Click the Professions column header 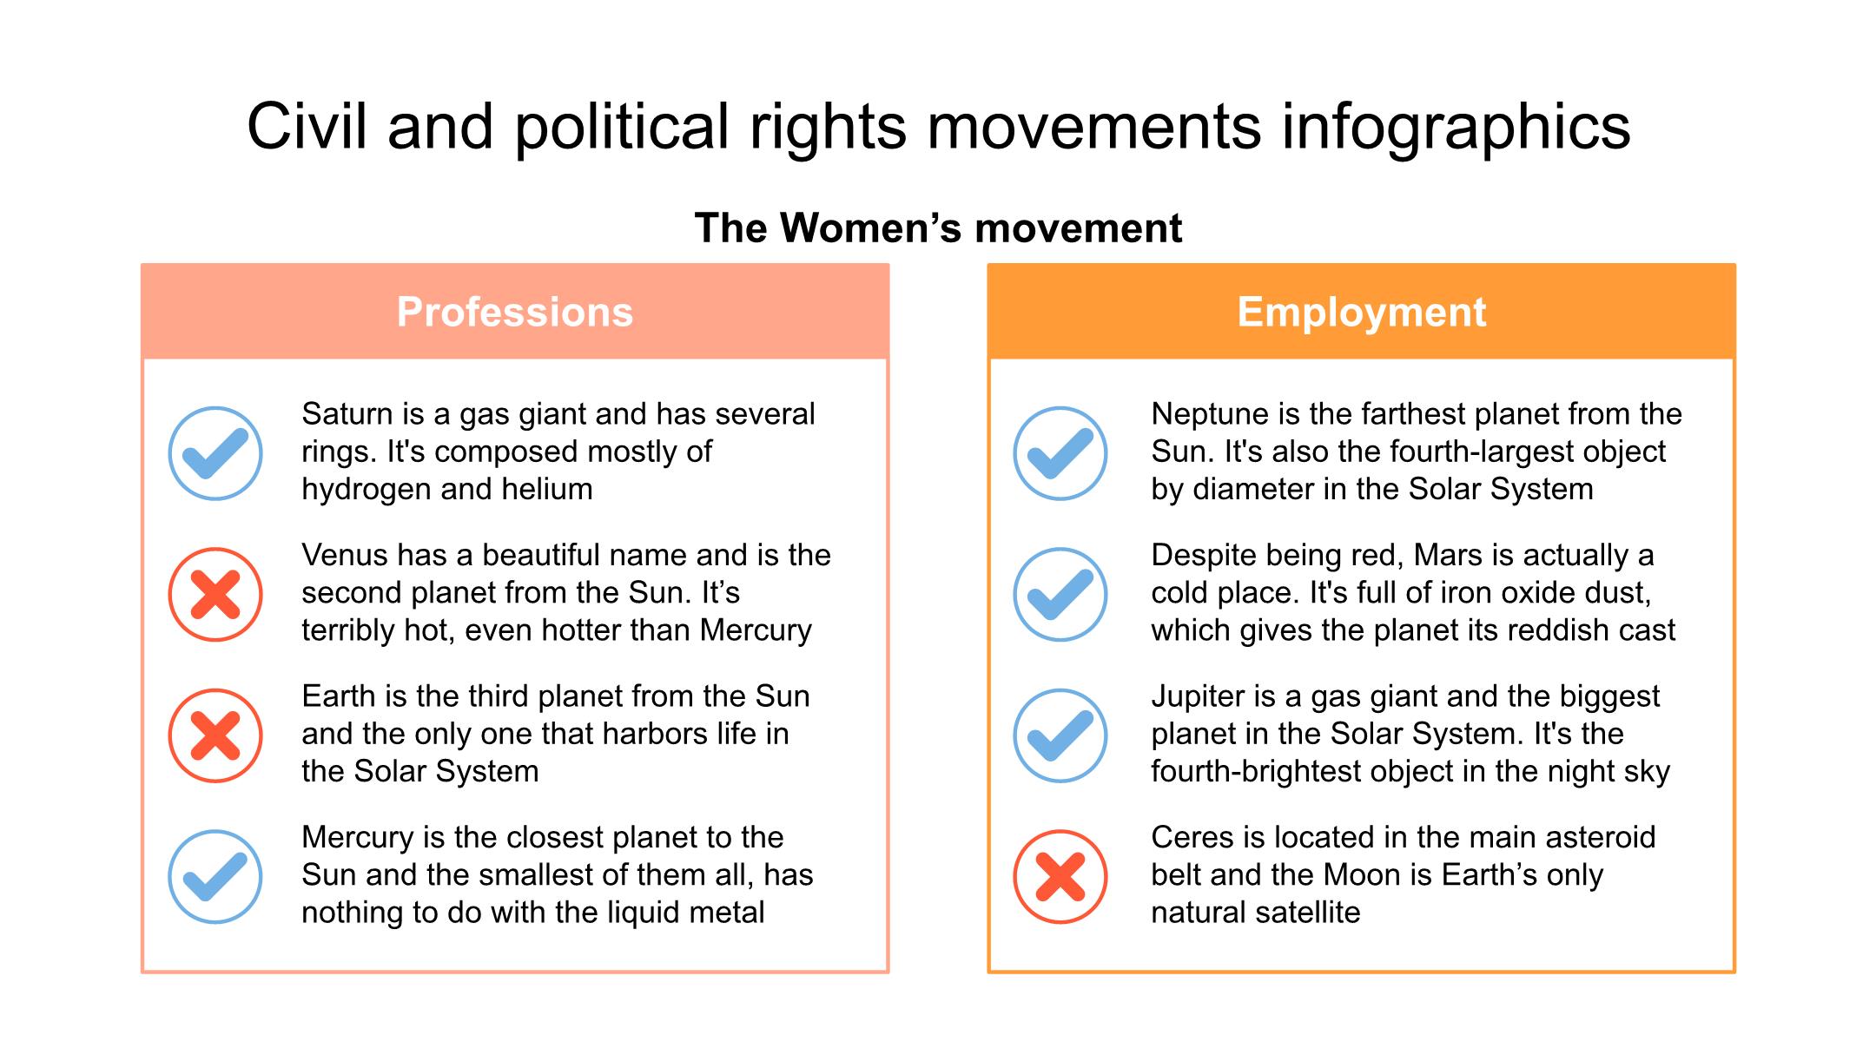(x=515, y=312)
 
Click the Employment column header (x=1361, y=312)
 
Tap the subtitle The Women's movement (x=938, y=228)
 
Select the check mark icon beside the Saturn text (x=215, y=453)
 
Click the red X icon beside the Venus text (x=215, y=595)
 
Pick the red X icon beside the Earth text (x=215, y=735)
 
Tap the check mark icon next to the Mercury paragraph (x=215, y=877)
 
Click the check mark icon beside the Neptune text (x=1060, y=453)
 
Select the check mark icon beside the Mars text (x=1060, y=595)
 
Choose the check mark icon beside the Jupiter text (x=1060, y=735)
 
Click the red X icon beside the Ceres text (x=1060, y=877)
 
